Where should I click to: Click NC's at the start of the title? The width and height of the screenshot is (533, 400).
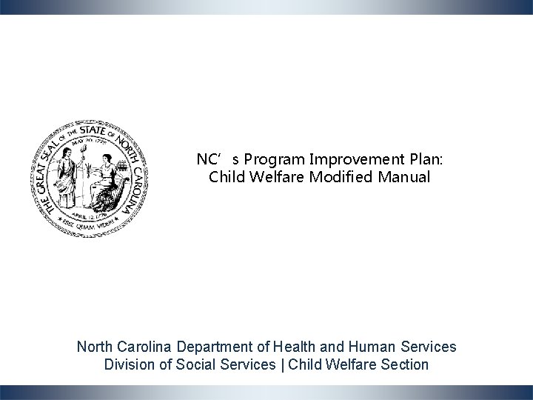(210, 159)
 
